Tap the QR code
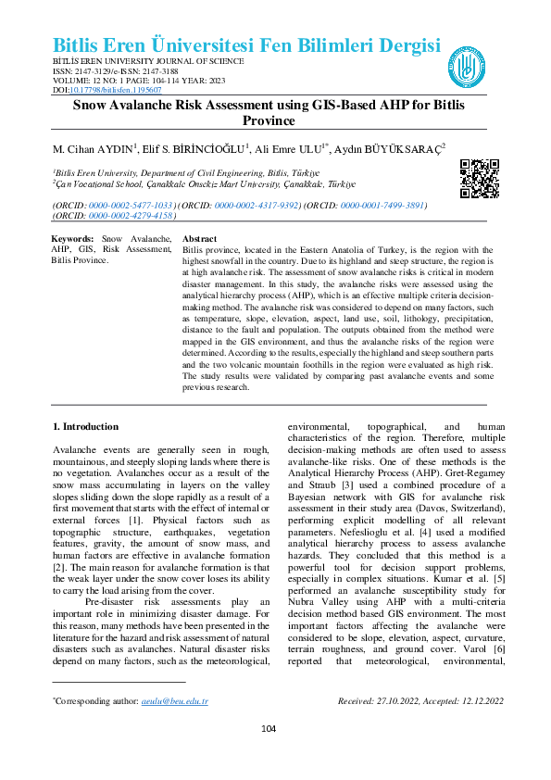click(x=479, y=179)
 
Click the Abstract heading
click(x=200, y=239)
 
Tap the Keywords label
click(x=72, y=239)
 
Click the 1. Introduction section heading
click(x=85, y=426)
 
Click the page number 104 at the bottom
click(x=269, y=729)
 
